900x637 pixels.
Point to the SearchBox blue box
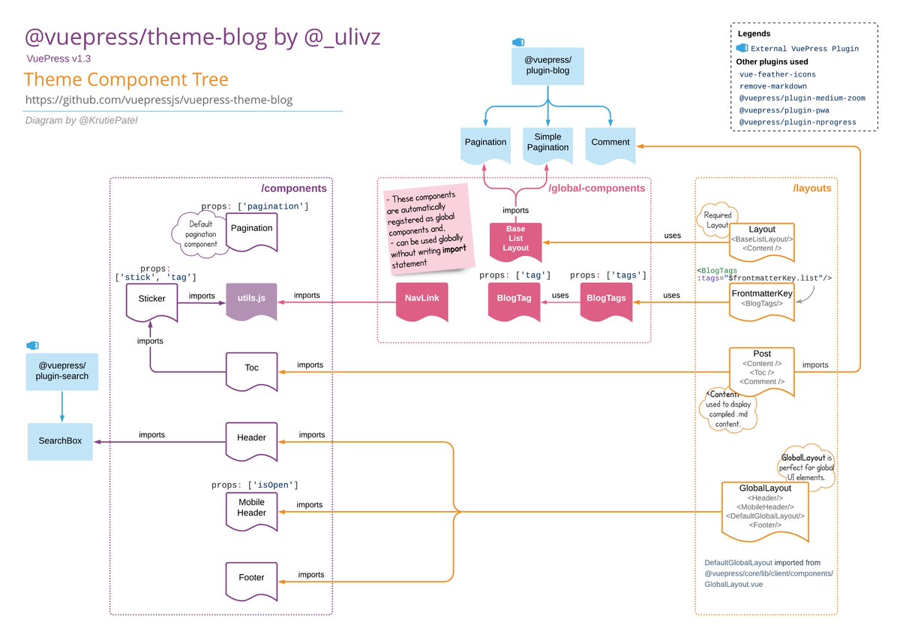(60, 441)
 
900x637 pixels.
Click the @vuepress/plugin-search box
(61, 371)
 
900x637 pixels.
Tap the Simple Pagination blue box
(547, 145)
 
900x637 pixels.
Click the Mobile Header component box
(251, 508)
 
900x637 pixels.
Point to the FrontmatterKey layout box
(761, 298)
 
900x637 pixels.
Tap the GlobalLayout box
(764, 508)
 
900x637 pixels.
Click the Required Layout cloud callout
(718, 219)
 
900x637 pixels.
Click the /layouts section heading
(811, 188)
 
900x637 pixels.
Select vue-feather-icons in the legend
(777, 74)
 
